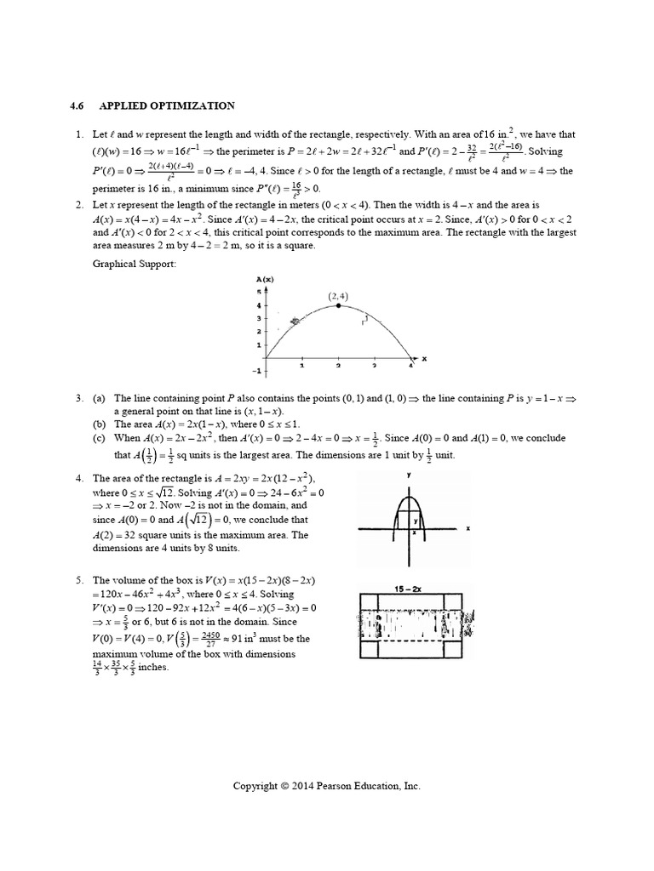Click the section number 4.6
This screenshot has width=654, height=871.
pyautogui.click(x=77, y=106)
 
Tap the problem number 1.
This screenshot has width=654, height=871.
pyautogui.click(x=78, y=134)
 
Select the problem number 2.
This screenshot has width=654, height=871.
pyautogui.click(x=78, y=205)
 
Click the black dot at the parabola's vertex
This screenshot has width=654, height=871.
pyautogui.click(x=338, y=305)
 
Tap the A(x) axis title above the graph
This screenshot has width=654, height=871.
pyautogui.click(x=263, y=279)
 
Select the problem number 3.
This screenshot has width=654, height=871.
pyautogui.click(x=78, y=398)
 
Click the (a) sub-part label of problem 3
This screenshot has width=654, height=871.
pyautogui.click(x=99, y=398)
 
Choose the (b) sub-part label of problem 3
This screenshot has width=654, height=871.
pyautogui.click(x=99, y=423)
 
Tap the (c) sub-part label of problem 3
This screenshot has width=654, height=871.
pyautogui.click(x=99, y=437)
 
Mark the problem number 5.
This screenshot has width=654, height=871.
pyautogui.click(x=78, y=579)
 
